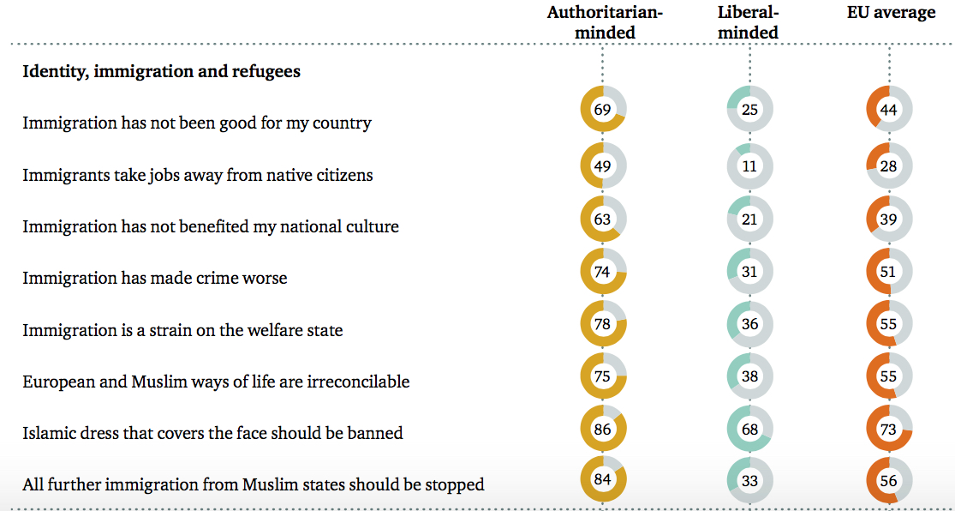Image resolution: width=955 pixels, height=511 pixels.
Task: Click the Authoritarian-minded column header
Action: click(605, 22)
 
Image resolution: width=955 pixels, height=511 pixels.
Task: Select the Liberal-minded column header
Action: click(749, 22)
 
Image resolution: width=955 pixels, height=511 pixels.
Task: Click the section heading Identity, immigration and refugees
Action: click(161, 71)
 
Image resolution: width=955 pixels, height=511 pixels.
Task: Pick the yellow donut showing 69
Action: click(603, 109)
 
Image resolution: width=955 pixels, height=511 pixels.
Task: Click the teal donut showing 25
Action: click(749, 109)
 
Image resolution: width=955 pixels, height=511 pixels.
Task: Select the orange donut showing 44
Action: click(888, 109)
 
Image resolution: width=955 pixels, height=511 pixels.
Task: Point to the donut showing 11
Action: click(749, 166)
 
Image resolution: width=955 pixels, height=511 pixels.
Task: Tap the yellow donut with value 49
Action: click(603, 166)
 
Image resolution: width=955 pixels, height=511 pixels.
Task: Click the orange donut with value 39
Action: click(888, 219)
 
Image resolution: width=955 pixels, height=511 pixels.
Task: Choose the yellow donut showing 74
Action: click(603, 271)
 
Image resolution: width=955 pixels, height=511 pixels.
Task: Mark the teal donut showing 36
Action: click(749, 324)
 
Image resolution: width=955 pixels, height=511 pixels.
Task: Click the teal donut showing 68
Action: click(749, 429)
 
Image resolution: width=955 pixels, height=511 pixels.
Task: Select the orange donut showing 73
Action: click(888, 429)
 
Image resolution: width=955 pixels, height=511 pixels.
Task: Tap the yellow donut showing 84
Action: click(603, 479)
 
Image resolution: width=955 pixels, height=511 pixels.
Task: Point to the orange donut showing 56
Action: click(888, 480)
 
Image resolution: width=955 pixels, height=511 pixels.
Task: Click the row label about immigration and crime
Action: click(154, 278)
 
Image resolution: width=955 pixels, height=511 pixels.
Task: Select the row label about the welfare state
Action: click(182, 330)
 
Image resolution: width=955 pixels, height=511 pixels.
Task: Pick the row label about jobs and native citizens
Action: click(197, 175)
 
